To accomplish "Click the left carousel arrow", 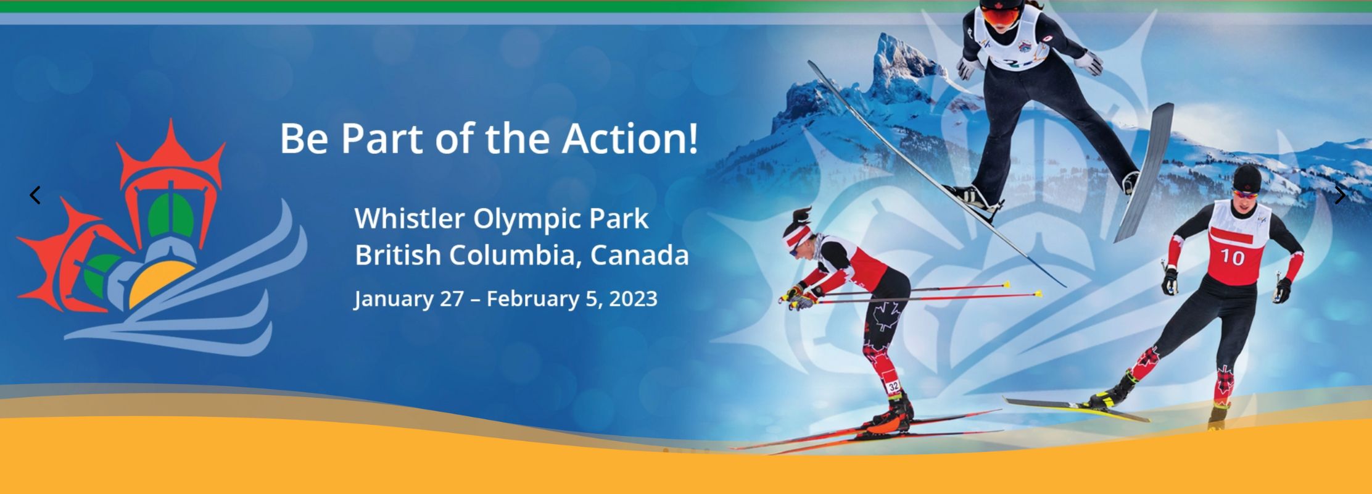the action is (x=35, y=195).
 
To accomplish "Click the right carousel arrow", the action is (x=1340, y=195).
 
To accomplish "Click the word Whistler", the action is (x=410, y=218).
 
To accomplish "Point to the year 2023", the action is (x=633, y=299).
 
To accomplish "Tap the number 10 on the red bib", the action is (x=1232, y=257).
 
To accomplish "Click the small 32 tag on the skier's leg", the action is (x=893, y=387).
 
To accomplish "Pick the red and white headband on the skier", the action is (x=798, y=235).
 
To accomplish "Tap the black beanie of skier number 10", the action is (x=1247, y=178).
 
